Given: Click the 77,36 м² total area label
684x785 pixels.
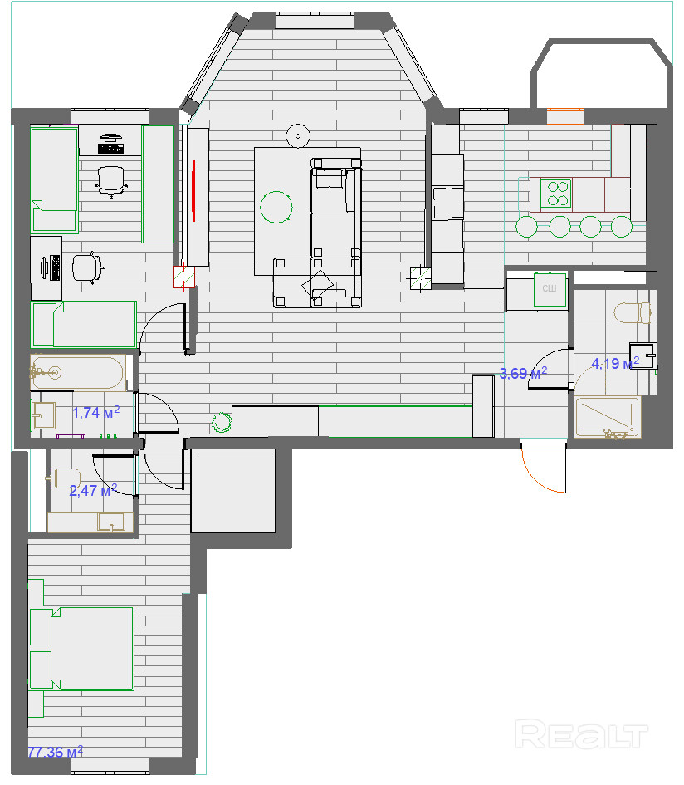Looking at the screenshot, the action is (56, 752).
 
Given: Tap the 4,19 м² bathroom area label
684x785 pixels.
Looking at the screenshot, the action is (615, 363).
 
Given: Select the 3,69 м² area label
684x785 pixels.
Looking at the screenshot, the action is (523, 373).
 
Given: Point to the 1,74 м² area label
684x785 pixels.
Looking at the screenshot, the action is (95, 413).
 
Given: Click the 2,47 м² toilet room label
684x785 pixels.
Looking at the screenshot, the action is (93, 491).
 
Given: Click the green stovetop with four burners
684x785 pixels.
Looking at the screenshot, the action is (556, 194).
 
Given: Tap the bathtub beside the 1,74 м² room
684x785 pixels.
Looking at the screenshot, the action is (78, 372).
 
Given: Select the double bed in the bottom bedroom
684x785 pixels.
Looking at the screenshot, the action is (81, 648).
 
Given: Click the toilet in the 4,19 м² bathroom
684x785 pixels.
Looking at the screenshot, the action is (633, 313).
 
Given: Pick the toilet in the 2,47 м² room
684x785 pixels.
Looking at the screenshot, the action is (64, 478).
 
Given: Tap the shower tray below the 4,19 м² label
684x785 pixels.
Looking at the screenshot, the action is (608, 417).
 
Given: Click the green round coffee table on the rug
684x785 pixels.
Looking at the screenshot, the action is (276, 207).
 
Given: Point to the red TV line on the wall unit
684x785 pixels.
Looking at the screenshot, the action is (193, 190).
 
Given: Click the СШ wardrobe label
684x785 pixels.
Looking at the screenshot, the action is (550, 288).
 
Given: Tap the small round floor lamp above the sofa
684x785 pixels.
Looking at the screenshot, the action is (298, 135).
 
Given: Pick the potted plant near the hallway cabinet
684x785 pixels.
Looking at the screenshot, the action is (221, 422).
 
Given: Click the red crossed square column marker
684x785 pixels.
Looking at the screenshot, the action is (183, 277).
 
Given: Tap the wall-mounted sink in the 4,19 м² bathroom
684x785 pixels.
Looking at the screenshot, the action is (642, 356).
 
